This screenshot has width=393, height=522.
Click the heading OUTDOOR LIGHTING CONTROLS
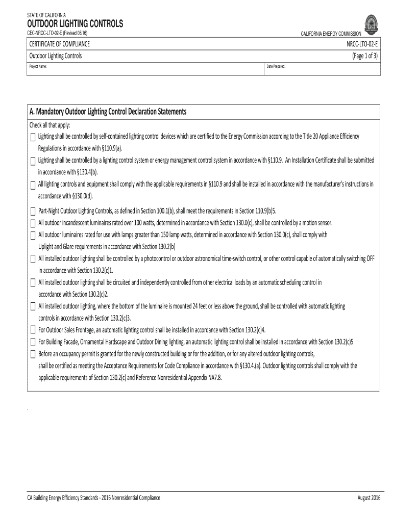(x=76, y=24)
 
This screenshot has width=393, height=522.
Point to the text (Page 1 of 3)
(x=365, y=56)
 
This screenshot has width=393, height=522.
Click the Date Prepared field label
(x=276, y=67)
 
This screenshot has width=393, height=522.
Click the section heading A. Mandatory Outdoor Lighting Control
(x=108, y=112)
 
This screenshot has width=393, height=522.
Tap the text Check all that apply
(x=50, y=125)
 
